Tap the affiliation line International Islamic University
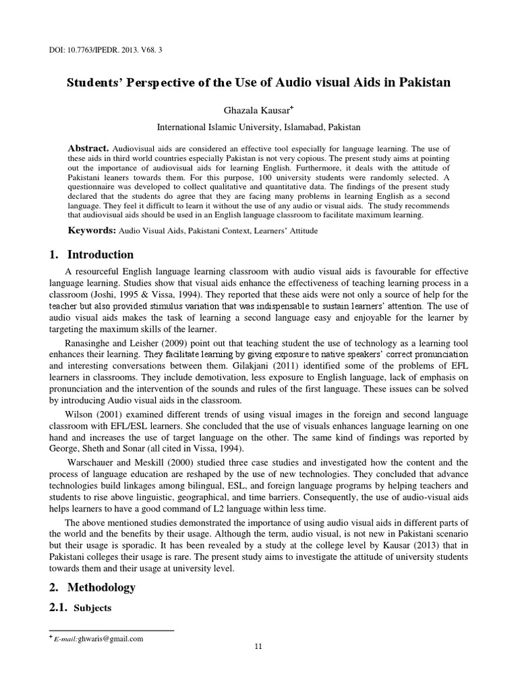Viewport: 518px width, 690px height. point(258,126)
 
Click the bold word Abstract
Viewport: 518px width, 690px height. point(88,148)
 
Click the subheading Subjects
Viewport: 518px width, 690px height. point(94,608)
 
